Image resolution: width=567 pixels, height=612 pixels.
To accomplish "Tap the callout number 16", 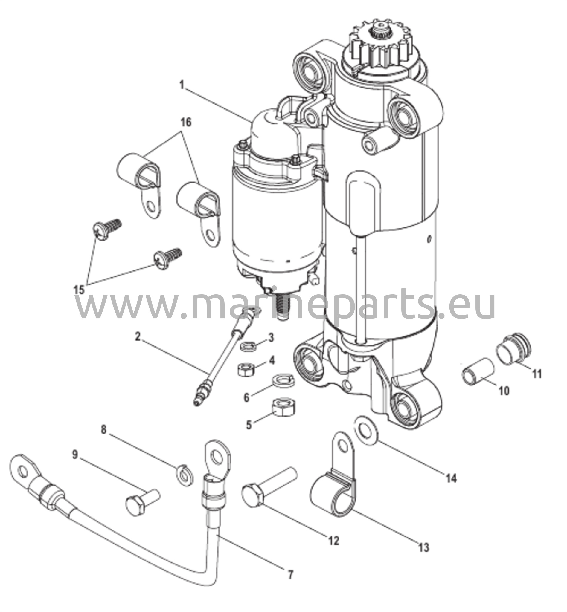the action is (x=186, y=122).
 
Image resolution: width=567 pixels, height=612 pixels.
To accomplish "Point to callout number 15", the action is (x=79, y=290).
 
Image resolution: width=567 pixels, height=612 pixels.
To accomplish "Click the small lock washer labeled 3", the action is (x=248, y=346).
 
